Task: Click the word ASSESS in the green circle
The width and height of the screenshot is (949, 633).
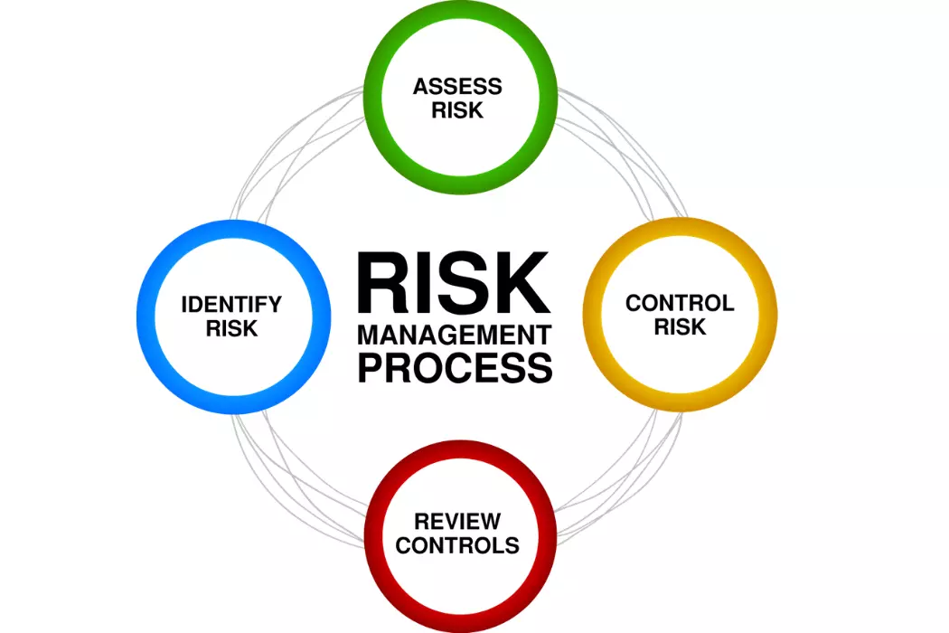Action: (457, 87)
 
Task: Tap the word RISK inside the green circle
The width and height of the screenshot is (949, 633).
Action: (457, 110)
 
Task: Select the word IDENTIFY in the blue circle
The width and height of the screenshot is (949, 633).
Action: (231, 304)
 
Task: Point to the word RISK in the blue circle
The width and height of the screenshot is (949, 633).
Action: (231, 328)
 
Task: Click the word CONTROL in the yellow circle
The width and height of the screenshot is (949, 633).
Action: (680, 303)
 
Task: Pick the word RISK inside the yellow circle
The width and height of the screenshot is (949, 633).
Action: (680, 327)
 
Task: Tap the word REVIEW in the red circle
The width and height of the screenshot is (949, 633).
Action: (457, 521)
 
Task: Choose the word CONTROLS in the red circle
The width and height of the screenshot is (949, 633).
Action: (457, 545)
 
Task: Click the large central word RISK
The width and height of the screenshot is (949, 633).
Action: (454, 283)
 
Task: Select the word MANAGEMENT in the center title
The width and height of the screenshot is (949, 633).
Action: (455, 335)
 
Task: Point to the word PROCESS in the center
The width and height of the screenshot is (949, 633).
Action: (456, 367)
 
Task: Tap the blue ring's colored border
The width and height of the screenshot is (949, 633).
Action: (146, 316)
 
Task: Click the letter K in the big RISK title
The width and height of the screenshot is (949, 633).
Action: (521, 283)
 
